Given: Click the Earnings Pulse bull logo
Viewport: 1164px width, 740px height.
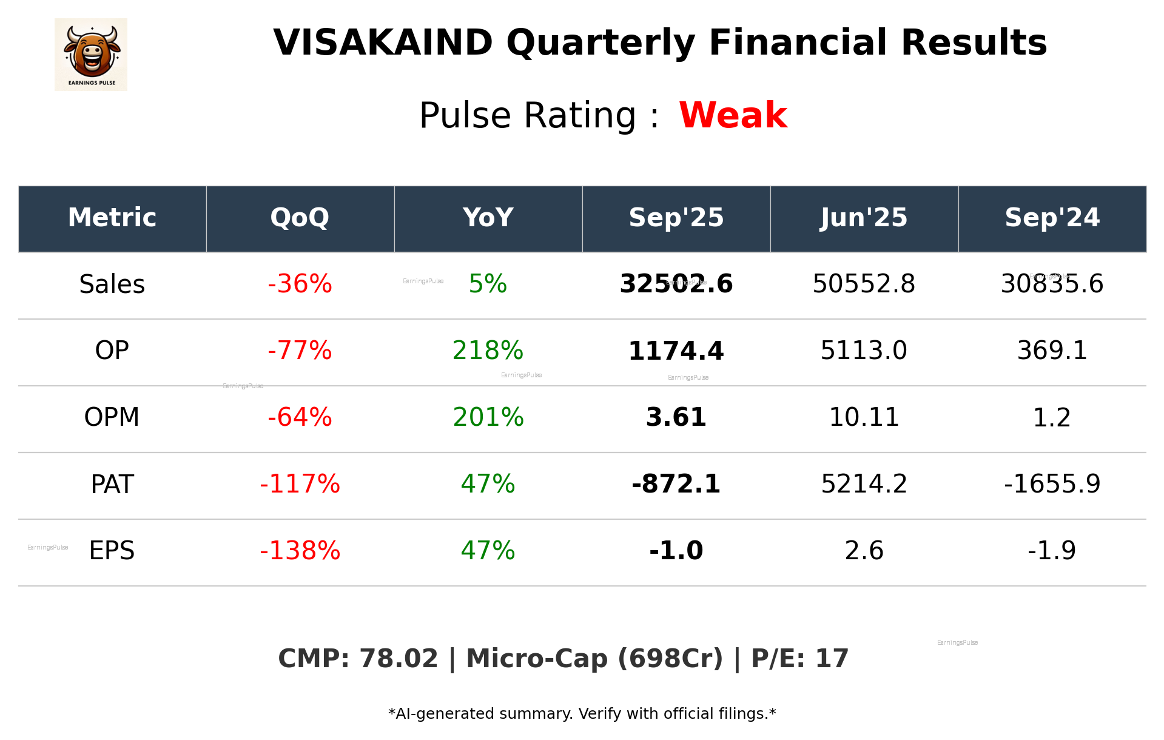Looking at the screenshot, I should click(x=91, y=55).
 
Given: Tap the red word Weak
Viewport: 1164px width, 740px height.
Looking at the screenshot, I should click(x=733, y=115).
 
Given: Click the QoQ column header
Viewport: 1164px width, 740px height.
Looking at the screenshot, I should click(x=300, y=218).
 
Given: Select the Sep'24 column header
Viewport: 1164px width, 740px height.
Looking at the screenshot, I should click(x=1052, y=218).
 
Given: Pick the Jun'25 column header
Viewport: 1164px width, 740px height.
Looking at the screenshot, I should click(x=864, y=218).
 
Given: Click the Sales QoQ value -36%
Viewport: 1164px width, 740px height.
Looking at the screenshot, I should click(x=300, y=284).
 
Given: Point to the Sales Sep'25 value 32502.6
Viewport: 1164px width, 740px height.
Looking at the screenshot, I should click(x=676, y=284).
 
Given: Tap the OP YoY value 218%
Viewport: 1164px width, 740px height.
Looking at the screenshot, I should click(x=488, y=351).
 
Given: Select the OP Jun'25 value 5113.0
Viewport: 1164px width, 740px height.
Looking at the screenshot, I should click(x=864, y=351).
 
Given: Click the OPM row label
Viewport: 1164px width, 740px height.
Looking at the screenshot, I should click(x=112, y=417).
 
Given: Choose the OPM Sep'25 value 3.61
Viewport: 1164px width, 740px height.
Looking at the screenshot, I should click(x=676, y=417).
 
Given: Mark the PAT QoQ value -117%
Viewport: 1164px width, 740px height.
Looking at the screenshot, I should click(x=300, y=484).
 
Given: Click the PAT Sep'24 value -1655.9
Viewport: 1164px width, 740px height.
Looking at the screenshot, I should click(x=1052, y=484).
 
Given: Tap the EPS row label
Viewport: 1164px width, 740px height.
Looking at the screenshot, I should click(x=112, y=551).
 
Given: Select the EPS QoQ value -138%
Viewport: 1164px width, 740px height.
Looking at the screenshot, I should click(x=300, y=551).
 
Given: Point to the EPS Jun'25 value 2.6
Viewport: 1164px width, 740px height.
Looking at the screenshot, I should click(x=864, y=551).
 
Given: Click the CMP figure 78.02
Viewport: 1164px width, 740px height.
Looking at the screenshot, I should click(x=399, y=659).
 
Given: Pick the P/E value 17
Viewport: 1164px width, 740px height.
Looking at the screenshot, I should click(x=832, y=659).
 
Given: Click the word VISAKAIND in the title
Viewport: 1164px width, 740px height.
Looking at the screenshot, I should click(x=383, y=43).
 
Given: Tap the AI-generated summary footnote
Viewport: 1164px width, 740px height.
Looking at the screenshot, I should click(x=582, y=714).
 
